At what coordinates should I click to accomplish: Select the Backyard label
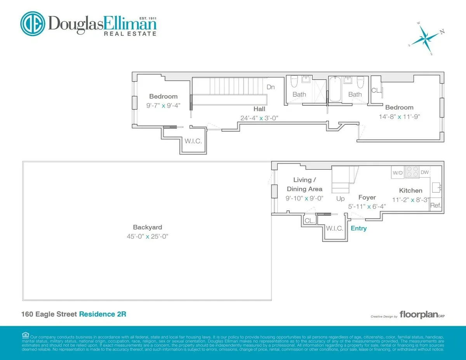point(147,228)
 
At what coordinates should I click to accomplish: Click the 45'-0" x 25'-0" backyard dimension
point(147,236)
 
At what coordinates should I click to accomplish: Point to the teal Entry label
point(358,228)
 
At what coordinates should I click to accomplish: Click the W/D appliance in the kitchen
point(398,172)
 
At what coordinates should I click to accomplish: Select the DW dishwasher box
point(424,172)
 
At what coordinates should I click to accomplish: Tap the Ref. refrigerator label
point(436,205)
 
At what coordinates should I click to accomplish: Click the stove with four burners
point(412,172)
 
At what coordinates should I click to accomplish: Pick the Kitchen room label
point(410,190)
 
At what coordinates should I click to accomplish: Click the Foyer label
point(367,198)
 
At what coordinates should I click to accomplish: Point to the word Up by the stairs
point(340,198)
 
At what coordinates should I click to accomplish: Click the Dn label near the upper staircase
point(271,87)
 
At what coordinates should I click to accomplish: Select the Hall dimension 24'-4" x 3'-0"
point(259,118)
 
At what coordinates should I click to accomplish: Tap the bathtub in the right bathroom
point(334,90)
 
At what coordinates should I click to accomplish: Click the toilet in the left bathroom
point(294,82)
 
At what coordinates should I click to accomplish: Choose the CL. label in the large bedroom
point(376,90)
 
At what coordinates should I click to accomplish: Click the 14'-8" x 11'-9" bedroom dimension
point(399,116)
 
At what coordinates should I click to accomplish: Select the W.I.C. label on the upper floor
point(193,141)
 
